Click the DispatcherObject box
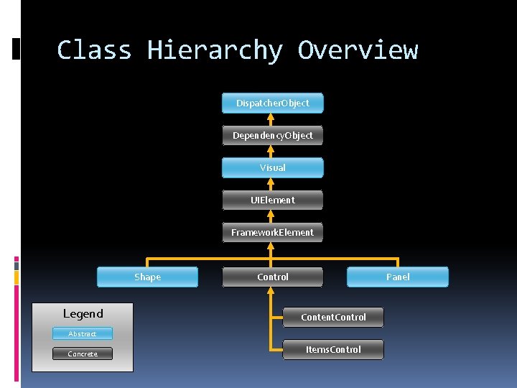[x=273, y=103]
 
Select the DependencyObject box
[x=273, y=136]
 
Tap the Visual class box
[x=273, y=168]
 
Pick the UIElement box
[x=273, y=200]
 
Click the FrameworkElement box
[x=273, y=233]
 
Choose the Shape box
[x=147, y=277]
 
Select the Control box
[x=273, y=277]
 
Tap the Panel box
[x=398, y=277]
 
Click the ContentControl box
[x=333, y=318]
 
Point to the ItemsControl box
[x=333, y=350]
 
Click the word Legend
[x=83, y=314]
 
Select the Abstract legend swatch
[x=83, y=334]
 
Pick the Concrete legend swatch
[x=83, y=354]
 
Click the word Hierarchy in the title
[x=215, y=50]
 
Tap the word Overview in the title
[x=358, y=50]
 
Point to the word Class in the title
[x=94, y=50]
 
